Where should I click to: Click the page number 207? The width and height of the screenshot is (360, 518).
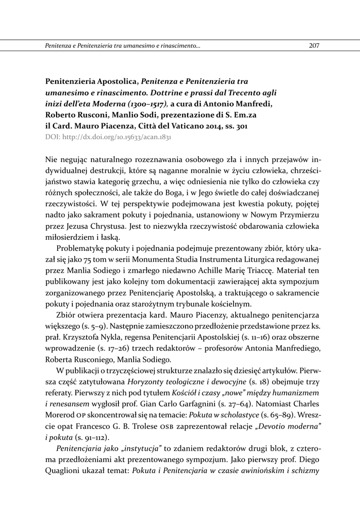point(313,46)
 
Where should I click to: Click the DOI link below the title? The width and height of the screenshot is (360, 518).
point(109,137)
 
